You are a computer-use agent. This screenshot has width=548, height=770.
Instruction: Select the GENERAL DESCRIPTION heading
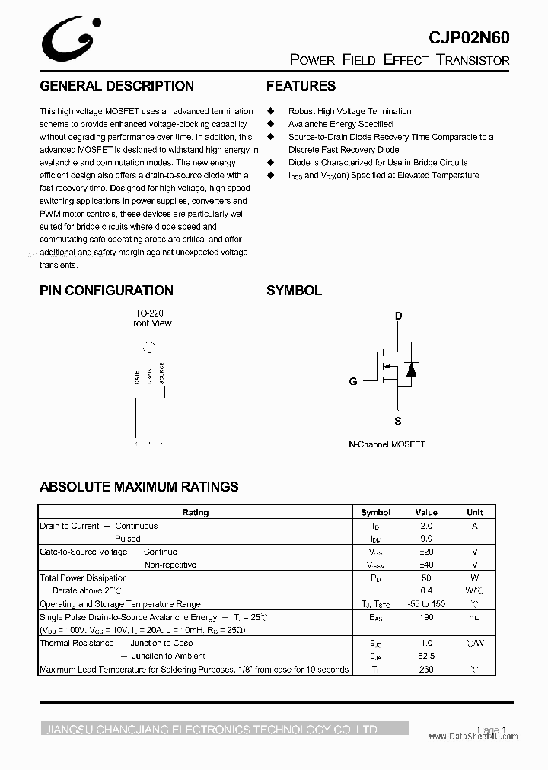[x=116, y=86]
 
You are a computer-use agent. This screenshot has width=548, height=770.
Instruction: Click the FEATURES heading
[x=301, y=86]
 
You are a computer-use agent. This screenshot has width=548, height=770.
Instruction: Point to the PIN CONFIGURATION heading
[x=107, y=290]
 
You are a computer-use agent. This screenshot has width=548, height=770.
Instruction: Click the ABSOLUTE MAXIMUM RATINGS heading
[x=139, y=486]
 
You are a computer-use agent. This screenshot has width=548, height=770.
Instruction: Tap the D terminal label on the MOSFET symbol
[x=398, y=316]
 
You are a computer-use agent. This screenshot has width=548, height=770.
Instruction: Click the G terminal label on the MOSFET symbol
[x=353, y=381]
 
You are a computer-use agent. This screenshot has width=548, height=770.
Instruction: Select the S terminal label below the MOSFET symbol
[x=398, y=421]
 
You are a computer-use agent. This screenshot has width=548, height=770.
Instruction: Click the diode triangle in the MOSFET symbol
[x=411, y=369]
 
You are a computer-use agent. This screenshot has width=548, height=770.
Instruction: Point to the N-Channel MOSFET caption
[x=387, y=444]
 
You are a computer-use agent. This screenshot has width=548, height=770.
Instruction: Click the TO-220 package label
[x=149, y=313]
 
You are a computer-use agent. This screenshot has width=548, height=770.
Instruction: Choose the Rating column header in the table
[x=196, y=513]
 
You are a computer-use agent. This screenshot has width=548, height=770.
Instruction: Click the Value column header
[x=426, y=513]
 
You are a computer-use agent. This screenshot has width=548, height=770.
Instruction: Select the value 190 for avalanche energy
[x=426, y=617]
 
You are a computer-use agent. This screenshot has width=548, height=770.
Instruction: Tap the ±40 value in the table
[x=426, y=565]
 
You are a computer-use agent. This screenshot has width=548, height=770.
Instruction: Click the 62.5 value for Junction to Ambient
[x=426, y=656]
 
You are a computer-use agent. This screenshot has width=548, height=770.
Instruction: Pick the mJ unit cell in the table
[x=474, y=617]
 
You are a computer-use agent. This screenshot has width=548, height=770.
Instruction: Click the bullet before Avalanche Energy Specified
[x=269, y=124]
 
